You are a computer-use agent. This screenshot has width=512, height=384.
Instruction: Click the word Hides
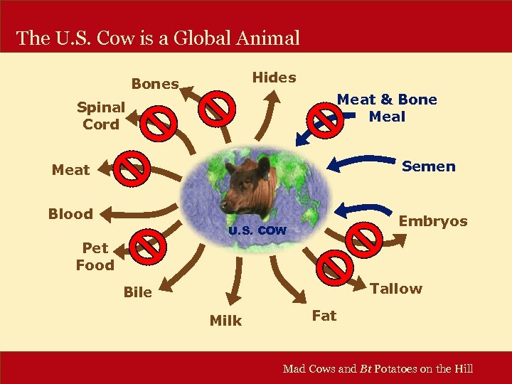[274, 78]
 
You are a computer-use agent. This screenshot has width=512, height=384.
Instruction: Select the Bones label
[154, 84]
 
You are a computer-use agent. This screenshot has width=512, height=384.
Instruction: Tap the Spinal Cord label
[101, 116]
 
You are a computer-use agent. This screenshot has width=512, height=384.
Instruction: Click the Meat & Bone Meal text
[387, 108]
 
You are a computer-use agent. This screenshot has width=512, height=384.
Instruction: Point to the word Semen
[428, 166]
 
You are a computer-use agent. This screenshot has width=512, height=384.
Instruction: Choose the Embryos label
[433, 221]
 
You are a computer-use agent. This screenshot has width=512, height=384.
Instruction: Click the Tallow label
[396, 289]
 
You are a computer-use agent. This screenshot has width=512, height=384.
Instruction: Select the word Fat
[324, 316]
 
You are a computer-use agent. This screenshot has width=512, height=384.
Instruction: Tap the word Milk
[225, 321]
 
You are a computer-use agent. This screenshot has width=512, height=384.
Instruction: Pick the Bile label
[137, 292]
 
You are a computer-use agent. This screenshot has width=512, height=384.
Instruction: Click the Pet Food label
[95, 257]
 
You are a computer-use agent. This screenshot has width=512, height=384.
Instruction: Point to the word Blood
[70, 214]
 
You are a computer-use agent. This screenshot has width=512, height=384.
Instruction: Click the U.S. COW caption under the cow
[257, 231]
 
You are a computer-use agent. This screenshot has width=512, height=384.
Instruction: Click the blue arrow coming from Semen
[363, 161]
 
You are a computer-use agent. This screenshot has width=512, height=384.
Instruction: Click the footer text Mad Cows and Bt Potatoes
[378, 368]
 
